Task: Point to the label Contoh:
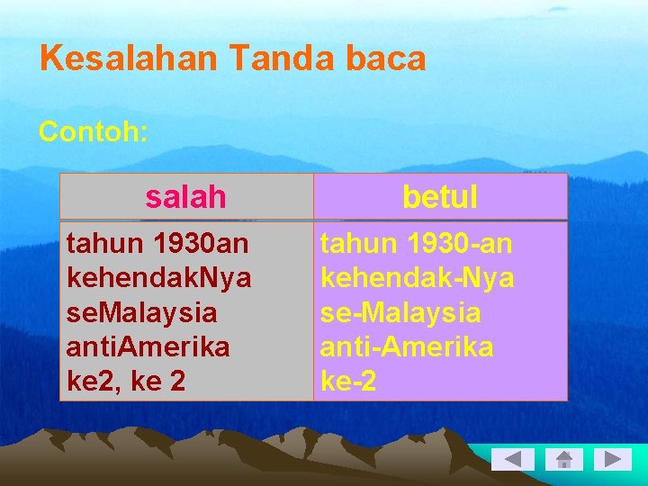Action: (94, 132)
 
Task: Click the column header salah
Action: (185, 197)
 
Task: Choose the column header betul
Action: (440, 197)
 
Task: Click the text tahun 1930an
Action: (158, 244)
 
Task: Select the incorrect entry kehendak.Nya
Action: (159, 278)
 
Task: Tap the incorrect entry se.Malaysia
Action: (142, 313)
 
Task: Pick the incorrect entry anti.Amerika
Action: (148, 347)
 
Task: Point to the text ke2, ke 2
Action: (127, 382)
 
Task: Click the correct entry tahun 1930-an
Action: (417, 244)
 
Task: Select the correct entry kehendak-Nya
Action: (418, 278)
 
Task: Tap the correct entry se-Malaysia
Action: (400, 313)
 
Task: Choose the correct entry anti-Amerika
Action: (407, 347)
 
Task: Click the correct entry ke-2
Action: (348, 382)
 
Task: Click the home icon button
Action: (564, 460)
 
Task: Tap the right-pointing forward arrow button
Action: (616, 460)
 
